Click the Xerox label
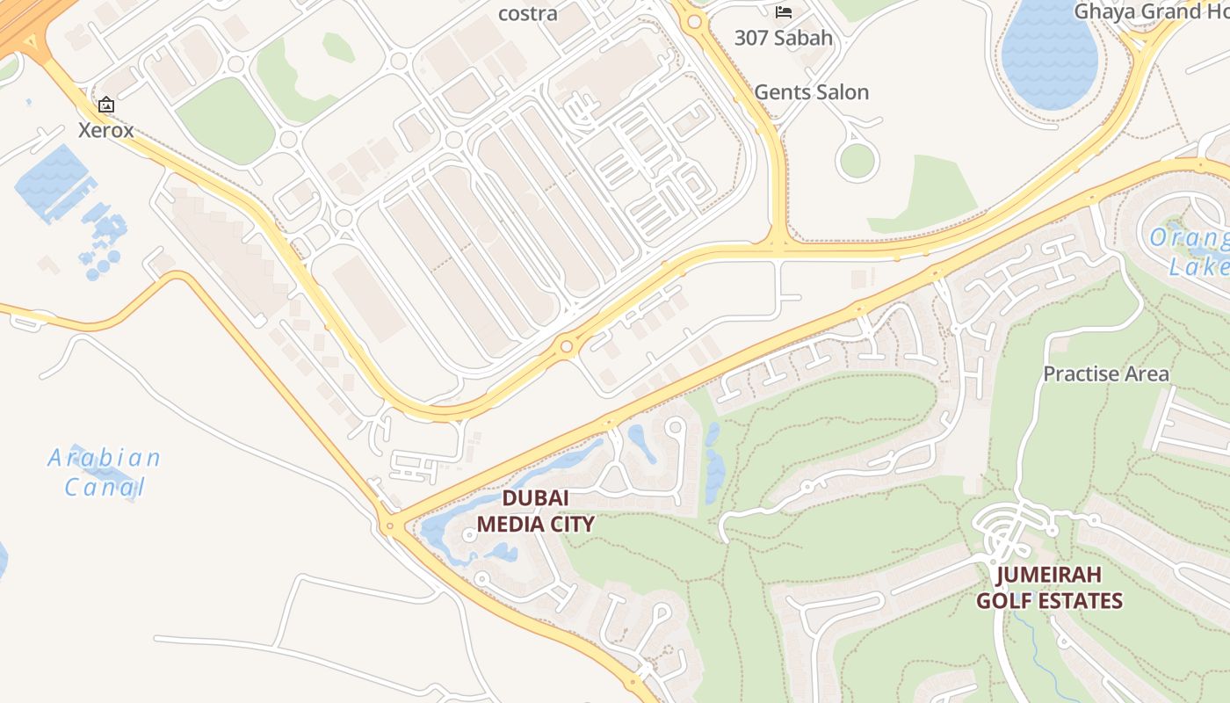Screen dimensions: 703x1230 point(105,130)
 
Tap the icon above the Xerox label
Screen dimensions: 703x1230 point(106,105)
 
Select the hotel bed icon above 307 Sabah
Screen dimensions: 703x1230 point(784,12)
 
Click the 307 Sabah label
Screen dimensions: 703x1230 point(784,39)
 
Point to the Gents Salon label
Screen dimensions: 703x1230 point(811,92)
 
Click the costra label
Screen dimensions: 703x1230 point(527,13)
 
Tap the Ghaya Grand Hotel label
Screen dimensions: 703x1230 point(1151,11)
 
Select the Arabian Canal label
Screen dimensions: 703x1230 point(105,473)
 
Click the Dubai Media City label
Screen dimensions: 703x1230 point(535,511)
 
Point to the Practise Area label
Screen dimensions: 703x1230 point(1105,373)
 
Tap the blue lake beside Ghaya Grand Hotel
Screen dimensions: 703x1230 point(1050,57)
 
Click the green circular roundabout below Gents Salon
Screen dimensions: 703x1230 point(857,161)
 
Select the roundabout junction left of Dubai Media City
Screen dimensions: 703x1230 point(389,526)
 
